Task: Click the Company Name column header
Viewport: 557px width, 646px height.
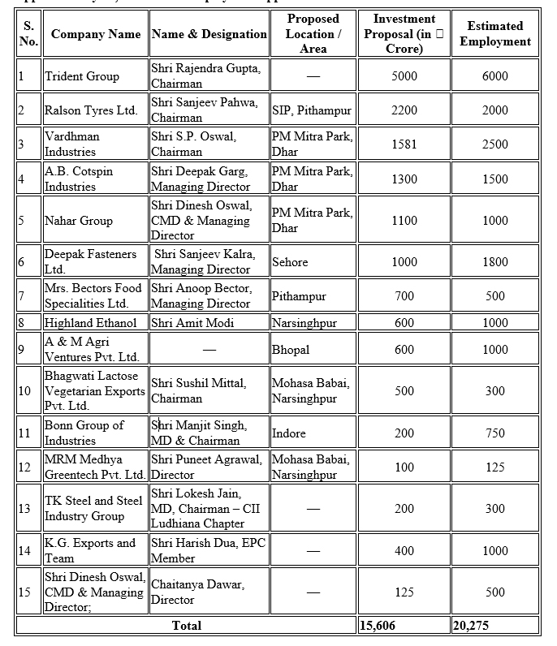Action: click(x=96, y=34)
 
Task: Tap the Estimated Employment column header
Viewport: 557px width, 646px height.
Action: click(x=495, y=34)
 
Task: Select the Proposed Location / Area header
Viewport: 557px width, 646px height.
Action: click(x=313, y=34)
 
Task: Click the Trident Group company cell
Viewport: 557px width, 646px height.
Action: click(x=82, y=76)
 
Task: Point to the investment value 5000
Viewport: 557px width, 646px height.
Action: click(x=404, y=76)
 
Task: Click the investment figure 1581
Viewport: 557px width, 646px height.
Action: click(x=404, y=144)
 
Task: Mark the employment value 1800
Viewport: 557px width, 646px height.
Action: click(x=495, y=262)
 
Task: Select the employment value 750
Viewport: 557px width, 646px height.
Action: click(x=495, y=433)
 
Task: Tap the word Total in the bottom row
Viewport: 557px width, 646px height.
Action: click(x=187, y=626)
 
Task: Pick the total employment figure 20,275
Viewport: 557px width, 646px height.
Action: click(x=472, y=626)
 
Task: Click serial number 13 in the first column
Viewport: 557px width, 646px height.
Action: click(x=24, y=508)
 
